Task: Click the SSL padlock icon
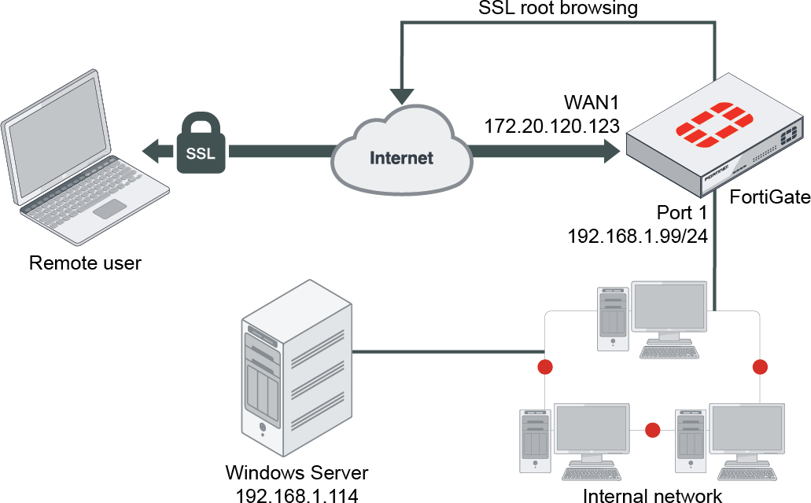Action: pyautogui.click(x=201, y=143)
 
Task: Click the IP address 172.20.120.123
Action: pyautogui.click(x=551, y=125)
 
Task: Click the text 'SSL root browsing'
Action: pyautogui.click(x=558, y=9)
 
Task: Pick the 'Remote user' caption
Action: pyautogui.click(x=85, y=263)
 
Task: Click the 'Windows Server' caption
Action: pyautogui.click(x=297, y=473)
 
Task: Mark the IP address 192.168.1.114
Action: pyautogui.click(x=297, y=494)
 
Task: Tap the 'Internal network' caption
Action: pyautogui.click(x=652, y=495)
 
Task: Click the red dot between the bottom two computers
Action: pyautogui.click(x=652, y=430)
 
